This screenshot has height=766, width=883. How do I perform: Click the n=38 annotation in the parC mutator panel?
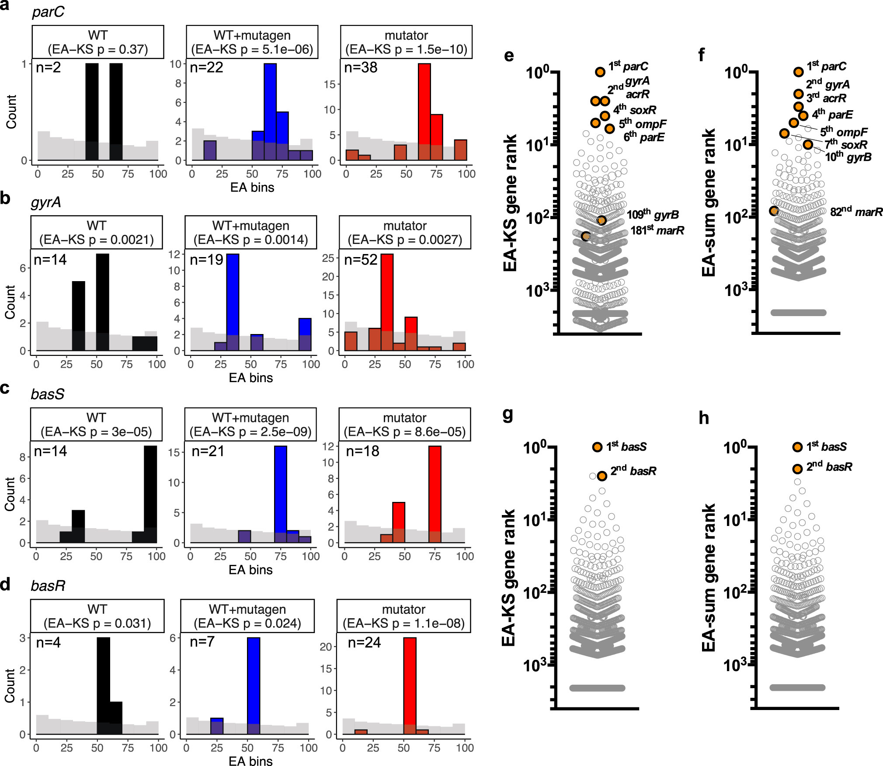click(361, 68)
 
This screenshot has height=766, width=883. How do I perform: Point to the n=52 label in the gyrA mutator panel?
click(361, 260)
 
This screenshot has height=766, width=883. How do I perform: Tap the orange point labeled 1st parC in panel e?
click(600, 72)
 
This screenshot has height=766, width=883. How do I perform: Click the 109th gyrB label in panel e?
click(653, 215)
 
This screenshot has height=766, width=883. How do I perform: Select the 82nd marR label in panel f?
click(856, 212)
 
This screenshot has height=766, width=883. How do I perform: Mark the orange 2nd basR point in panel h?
click(797, 469)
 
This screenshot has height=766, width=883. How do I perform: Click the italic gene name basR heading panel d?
click(48, 585)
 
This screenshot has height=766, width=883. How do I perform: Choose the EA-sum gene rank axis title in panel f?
click(709, 202)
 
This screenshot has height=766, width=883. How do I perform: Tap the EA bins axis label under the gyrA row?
click(251, 378)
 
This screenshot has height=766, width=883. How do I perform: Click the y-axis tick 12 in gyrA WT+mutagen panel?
click(174, 254)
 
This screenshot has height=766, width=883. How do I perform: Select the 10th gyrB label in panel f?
click(848, 157)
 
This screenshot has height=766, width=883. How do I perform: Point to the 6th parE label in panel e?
click(643, 137)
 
